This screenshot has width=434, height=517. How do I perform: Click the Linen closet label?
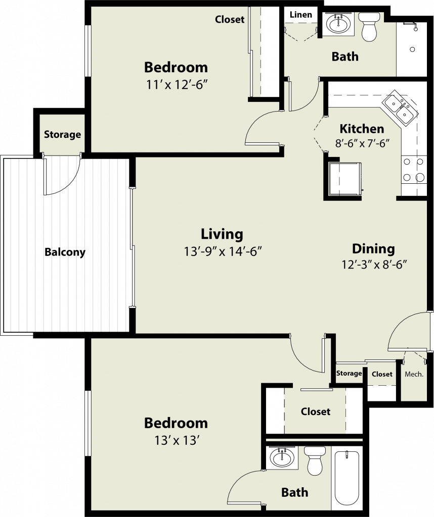[x=300, y=15]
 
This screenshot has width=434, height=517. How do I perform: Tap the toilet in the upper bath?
[x=369, y=26]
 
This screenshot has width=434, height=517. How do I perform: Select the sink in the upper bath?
[x=338, y=24]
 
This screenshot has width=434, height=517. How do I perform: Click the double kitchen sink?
[x=400, y=107]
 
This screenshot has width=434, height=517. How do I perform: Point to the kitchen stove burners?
[x=413, y=170]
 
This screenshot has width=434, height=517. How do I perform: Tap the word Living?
[x=222, y=234]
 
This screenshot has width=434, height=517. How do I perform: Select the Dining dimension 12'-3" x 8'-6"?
[x=374, y=264]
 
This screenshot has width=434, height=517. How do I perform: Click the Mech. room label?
[x=414, y=374]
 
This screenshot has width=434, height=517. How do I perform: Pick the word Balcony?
[x=65, y=252]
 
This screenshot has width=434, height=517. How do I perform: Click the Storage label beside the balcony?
[x=62, y=134]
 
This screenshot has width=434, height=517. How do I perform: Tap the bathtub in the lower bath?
[x=347, y=480]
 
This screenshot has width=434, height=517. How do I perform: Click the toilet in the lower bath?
[x=314, y=460]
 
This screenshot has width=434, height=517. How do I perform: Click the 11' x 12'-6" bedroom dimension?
[x=176, y=85]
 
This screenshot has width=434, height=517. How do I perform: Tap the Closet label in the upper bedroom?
[x=230, y=20]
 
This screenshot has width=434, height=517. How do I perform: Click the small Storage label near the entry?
[x=349, y=373]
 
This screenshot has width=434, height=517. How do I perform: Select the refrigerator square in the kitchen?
[x=345, y=179]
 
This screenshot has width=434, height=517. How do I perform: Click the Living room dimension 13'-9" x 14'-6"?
[x=223, y=252]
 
